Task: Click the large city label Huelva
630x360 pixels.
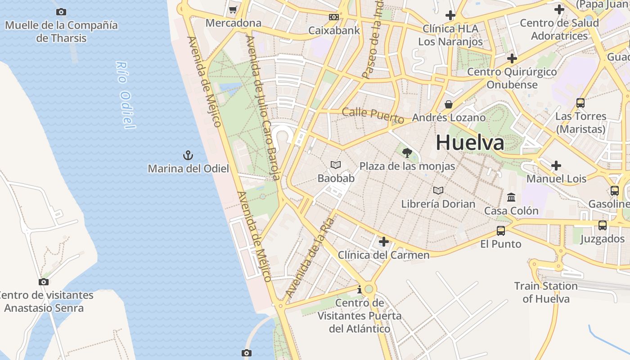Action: point(470,143)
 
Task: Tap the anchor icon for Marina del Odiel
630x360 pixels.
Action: point(188,156)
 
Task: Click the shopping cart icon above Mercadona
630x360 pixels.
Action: point(233,9)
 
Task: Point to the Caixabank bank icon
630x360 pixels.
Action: point(333,17)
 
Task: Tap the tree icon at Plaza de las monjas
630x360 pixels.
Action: point(407,153)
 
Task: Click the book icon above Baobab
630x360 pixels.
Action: point(336,165)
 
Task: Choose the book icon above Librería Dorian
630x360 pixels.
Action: point(438,191)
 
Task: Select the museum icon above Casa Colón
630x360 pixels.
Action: point(511,198)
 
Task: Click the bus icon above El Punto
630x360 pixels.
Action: point(500,231)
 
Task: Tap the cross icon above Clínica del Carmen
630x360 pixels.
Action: point(383,242)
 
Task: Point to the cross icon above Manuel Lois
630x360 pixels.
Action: point(556,166)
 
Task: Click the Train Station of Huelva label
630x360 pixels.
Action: point(546,292)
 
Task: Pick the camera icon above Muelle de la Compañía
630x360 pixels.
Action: point(61,12)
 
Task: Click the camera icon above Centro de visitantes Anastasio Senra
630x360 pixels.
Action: point(44,282)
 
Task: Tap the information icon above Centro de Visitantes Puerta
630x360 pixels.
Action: point(359,290)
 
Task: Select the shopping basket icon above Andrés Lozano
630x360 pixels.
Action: point(449,104)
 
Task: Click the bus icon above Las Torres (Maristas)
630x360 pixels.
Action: point(580,103)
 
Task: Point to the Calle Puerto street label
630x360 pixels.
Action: point(373,115)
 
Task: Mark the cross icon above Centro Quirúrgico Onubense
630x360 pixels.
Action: point(512,58)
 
